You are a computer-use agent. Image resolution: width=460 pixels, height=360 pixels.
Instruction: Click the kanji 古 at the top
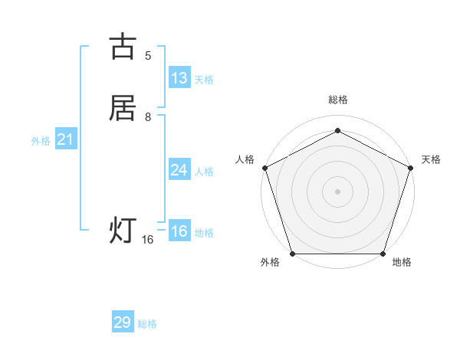point(123,47)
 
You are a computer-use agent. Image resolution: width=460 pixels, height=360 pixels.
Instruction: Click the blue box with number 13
point(179,78)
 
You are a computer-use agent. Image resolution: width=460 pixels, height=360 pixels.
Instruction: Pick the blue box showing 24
point(179,170)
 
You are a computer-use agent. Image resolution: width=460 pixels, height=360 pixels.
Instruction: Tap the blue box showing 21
point(65,139)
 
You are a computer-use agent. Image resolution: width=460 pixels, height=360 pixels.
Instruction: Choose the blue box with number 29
point(123,322)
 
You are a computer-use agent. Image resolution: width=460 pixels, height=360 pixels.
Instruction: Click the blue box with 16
point(179,231)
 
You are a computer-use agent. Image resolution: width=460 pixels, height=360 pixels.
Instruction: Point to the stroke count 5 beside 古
point(148,55)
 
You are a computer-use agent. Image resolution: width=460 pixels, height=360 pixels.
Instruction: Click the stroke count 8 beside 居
point(148,116)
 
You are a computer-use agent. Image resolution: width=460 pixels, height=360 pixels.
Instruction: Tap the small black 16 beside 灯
point(148,240)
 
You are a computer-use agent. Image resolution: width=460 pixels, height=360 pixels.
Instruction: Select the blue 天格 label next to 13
point(204,80)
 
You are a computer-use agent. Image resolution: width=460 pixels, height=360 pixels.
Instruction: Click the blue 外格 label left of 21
point(41,141)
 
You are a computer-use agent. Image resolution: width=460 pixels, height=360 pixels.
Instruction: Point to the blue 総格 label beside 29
point(147,324)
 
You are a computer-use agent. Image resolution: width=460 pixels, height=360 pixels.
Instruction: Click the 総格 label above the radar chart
point(338,100)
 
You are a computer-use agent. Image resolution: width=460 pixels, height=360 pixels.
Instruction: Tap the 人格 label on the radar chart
point(245,159)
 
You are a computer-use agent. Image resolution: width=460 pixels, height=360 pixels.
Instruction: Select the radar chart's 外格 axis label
point(270,262)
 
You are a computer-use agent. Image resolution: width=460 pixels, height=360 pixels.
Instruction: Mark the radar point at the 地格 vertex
point(383,254)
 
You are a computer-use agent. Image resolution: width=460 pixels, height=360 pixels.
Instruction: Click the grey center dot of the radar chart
point(338,191)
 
